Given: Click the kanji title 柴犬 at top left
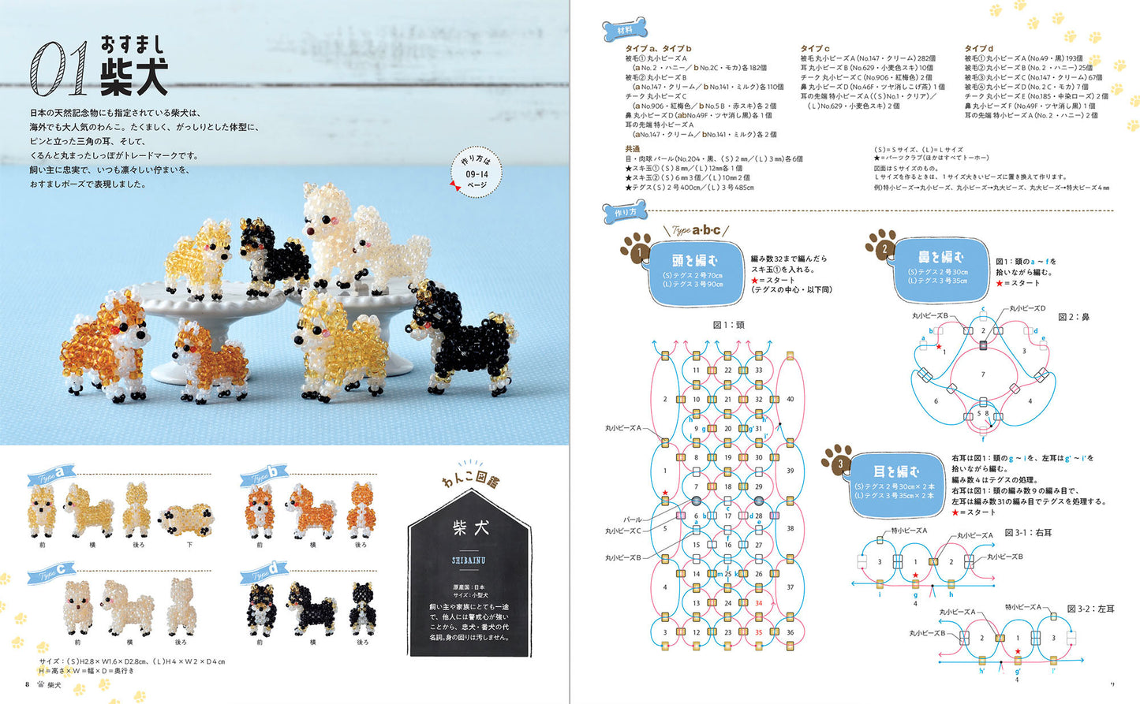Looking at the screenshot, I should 133,76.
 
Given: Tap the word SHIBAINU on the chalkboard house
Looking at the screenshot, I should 469,561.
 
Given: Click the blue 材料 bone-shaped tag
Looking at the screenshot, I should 625,31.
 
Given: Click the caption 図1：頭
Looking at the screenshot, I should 727,325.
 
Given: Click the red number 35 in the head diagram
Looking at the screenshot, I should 758,632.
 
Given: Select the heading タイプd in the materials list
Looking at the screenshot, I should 978,49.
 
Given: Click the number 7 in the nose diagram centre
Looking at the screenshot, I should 982,374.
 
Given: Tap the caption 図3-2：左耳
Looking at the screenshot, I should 1090,609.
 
